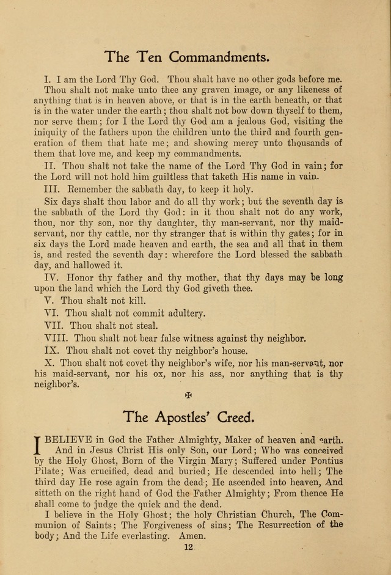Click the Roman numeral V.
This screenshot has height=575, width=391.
(49, 301)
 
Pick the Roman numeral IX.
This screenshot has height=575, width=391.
(53, 351)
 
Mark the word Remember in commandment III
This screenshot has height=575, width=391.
(98, 189)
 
